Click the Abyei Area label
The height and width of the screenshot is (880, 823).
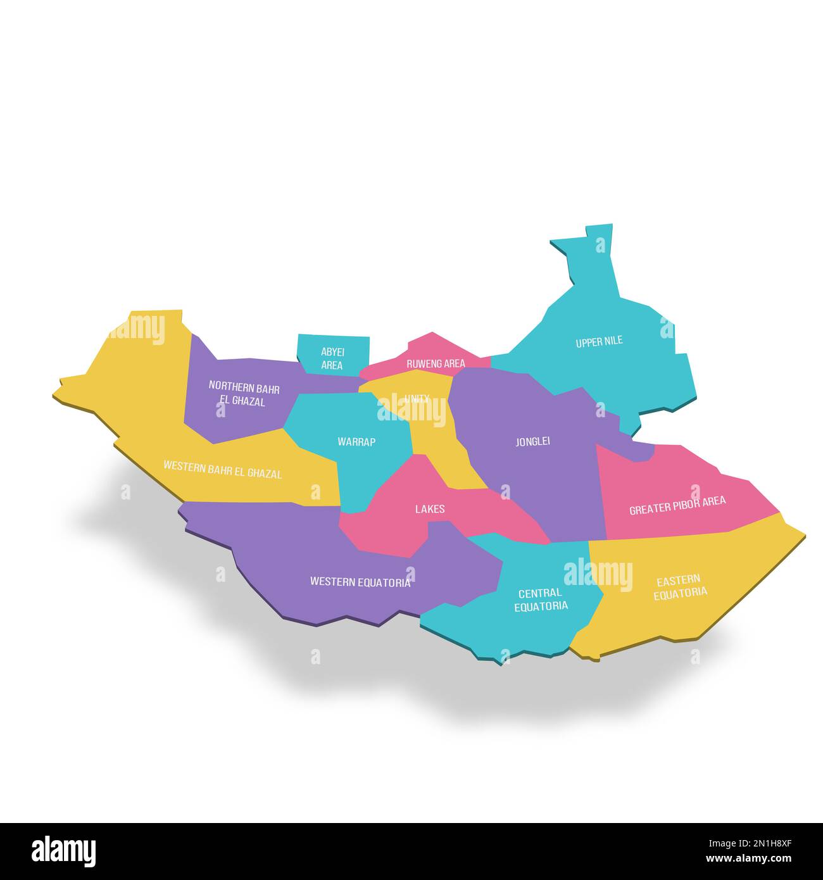(332, 358)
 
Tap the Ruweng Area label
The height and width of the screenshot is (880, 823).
(436, 363)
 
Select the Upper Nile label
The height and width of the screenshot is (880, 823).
(599, 342)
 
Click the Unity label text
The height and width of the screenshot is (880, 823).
(417, 399)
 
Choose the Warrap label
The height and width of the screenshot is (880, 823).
(356, 442)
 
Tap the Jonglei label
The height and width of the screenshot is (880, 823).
(532, 441)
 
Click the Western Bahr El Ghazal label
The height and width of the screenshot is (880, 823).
(222, 469)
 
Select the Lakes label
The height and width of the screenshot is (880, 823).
(430, 509)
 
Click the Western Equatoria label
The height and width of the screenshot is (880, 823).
(360, 582)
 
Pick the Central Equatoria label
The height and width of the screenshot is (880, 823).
(541, 599)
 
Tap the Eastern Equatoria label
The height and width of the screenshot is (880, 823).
(680, 586)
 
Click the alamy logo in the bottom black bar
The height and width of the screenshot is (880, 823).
(63, 851)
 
